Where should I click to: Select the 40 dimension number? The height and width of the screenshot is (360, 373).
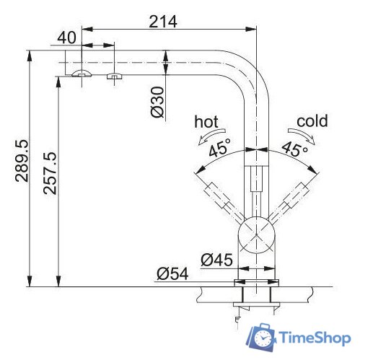click(69, 36)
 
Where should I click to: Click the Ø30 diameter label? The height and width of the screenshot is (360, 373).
click(159, 103)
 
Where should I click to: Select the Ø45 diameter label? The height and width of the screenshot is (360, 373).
click(216, 258)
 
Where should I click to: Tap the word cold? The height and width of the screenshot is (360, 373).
click(312, 120)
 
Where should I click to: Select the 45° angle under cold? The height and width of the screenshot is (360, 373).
click(294, 149)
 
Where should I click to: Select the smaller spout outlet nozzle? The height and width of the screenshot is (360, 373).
click(113, 76)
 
